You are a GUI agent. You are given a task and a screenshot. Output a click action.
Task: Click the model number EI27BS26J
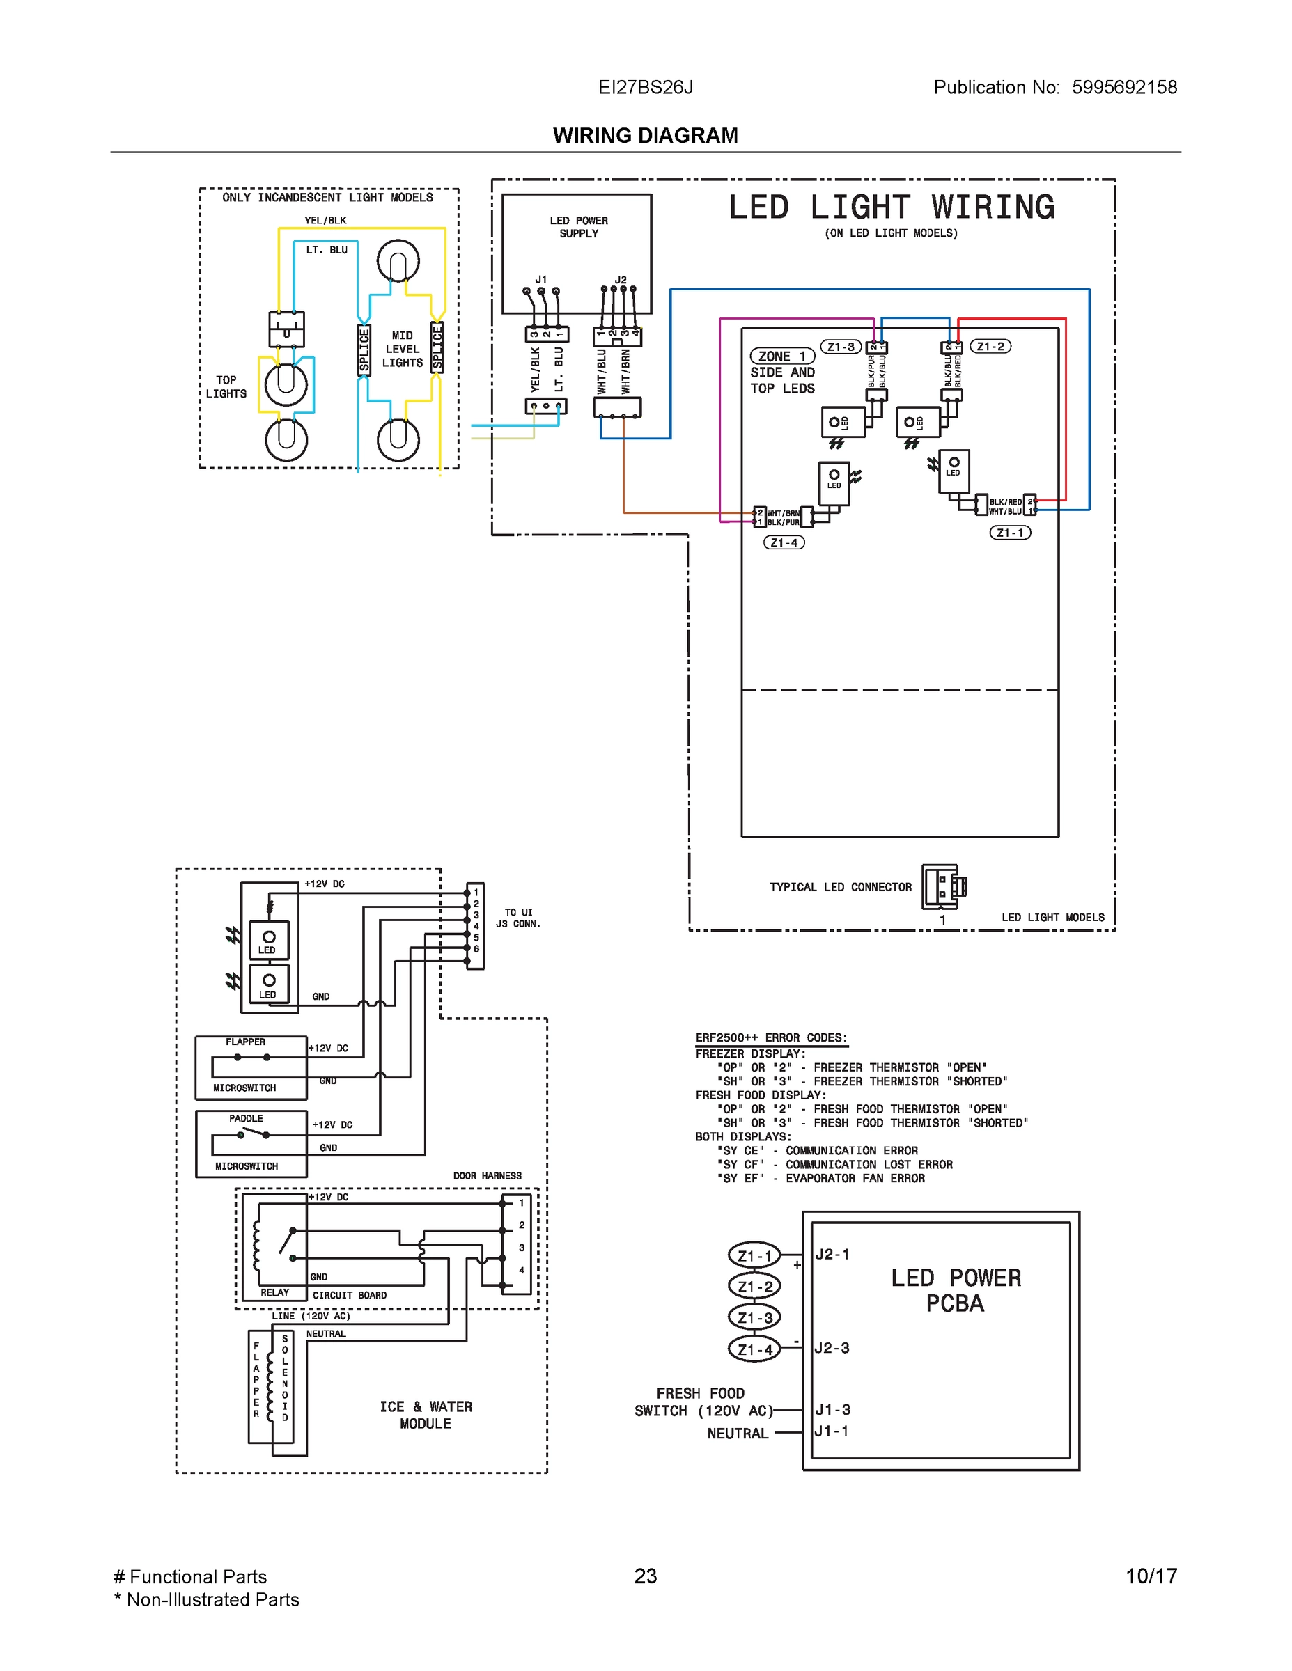click(x=645, y=87)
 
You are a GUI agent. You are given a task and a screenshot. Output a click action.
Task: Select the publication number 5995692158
click(x=1123, y=87)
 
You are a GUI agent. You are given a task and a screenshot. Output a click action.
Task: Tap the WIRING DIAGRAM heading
click(x=645, y=136)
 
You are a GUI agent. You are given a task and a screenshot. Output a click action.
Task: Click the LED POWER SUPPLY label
click(x=579, y=226)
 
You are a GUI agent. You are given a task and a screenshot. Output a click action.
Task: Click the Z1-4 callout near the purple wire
click(x=784, y=542)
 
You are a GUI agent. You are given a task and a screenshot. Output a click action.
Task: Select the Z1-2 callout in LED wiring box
click(x=990, y=347)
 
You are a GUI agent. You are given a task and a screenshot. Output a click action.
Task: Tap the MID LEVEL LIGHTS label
click(x=402, y=349)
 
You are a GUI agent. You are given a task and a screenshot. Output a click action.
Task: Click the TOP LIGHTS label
click(x=226, y=386)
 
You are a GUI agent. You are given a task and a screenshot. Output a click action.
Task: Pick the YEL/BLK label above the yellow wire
click(x=325, y=220)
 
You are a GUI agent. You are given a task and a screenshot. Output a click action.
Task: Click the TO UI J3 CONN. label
click(x=518, y=918)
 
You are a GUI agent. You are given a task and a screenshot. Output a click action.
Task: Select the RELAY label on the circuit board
click(x=275, y=1292)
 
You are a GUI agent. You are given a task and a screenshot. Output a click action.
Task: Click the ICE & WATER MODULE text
click(x=426, y=1415)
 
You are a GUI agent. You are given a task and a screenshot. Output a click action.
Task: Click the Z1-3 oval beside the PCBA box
click(x=755, y=1317)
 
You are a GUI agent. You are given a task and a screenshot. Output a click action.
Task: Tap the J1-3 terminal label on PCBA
click(x=833, y=1409)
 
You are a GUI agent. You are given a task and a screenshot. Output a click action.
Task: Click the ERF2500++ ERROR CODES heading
click(x=772, y=1037)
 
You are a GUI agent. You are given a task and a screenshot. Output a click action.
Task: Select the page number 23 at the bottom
click(x=645, y=1576)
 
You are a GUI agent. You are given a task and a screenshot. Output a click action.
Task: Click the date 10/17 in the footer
click(x=1151, y=1576)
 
